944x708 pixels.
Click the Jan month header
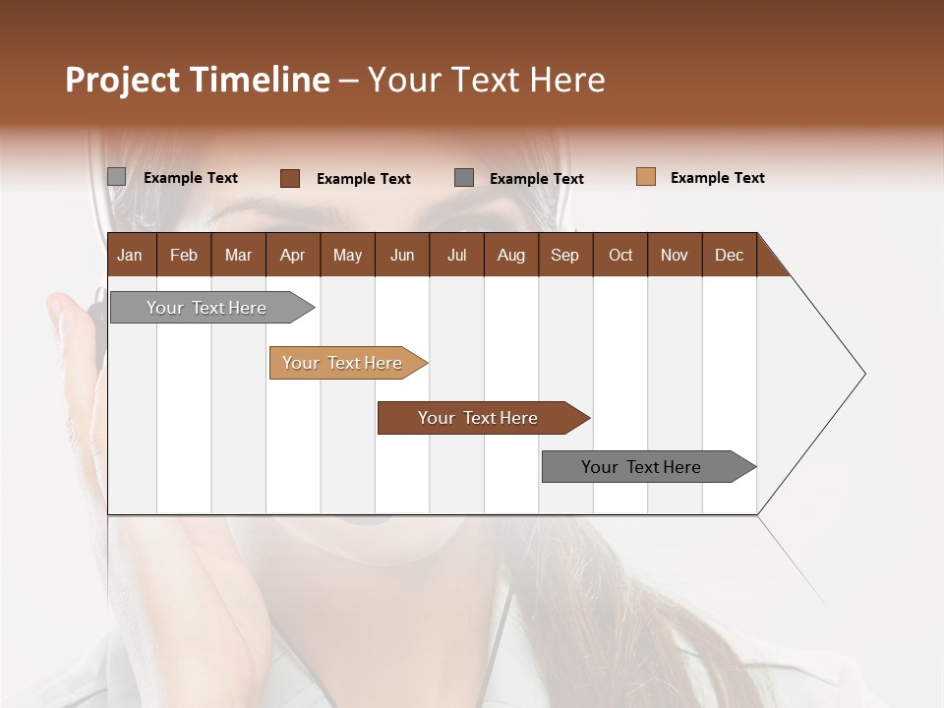[x=130, y=255]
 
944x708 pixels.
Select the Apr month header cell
[x=292, y=255]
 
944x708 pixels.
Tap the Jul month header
[x=456, y=255]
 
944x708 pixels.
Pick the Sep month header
[x=564, y=255]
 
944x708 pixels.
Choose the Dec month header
[x=729, y=255]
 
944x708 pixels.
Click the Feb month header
[x=184, y=255]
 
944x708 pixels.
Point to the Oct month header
[x=620, y=255]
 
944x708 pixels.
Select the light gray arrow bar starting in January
[x=206, y=308]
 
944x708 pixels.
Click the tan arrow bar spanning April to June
[x=342, y=363]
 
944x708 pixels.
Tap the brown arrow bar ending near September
[x=478, y=418]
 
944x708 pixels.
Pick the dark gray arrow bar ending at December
[x=641, y=467]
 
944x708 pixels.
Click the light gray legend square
[x=116, y=177]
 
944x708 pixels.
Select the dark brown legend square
[x=289, y=178]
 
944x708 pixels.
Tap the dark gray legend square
[x=464, y=178]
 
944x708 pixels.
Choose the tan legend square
[x=645, y=177]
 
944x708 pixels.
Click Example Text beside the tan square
[x=717, y=178]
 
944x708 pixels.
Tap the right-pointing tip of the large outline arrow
[x=863, y=374]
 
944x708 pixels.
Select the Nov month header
[x=675, y=255]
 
